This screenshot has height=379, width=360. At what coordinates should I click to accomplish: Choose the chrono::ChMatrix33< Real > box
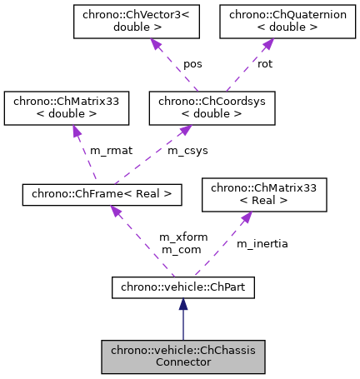click(x=264, y=195)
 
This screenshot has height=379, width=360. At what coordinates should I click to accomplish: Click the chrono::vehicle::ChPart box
click(x=183, y=288)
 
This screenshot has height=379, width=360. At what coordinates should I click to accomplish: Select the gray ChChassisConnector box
click(x=183, y=357)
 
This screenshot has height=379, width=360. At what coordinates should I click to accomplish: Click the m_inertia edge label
click(x=262, y=243)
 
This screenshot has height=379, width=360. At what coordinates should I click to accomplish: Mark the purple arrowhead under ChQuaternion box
click(x=254, y=47)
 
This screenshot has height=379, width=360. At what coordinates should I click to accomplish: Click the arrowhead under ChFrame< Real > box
click(x=117, y=212)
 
